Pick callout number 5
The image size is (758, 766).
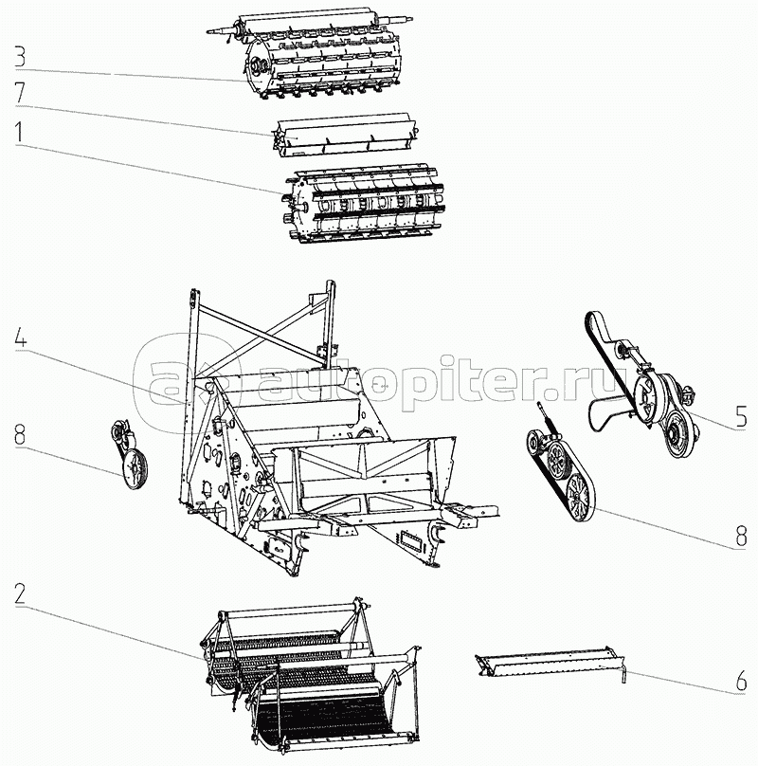coord(741,413)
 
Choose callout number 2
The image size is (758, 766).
coord(19,594)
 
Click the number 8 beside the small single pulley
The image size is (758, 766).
coord(19,439)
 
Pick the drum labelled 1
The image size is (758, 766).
coord(355,204)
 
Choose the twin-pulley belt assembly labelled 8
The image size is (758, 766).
coord(564,474)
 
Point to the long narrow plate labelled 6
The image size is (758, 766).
coord(550,661)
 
